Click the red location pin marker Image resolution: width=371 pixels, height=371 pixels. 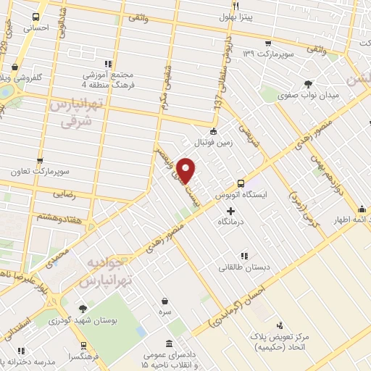coord(186,170)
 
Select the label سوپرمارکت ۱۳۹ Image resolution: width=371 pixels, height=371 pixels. coord(269,52)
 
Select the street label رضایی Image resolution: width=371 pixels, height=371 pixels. coord(64,195)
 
